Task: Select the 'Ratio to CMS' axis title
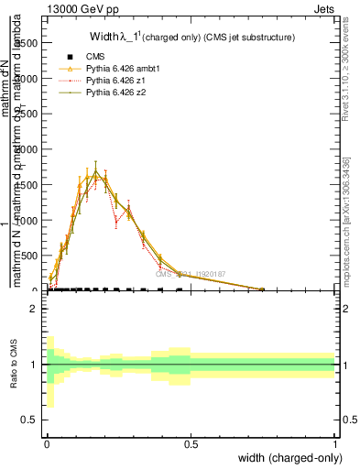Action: pyautogui.click(x=14, y=365)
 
